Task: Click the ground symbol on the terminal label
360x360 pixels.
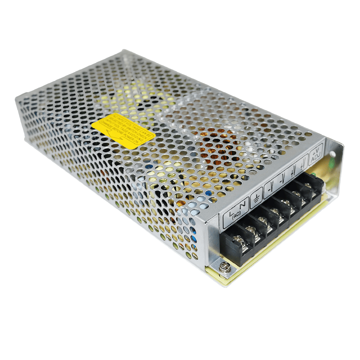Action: (257, 198)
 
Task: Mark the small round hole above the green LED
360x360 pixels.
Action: (332, 154)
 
